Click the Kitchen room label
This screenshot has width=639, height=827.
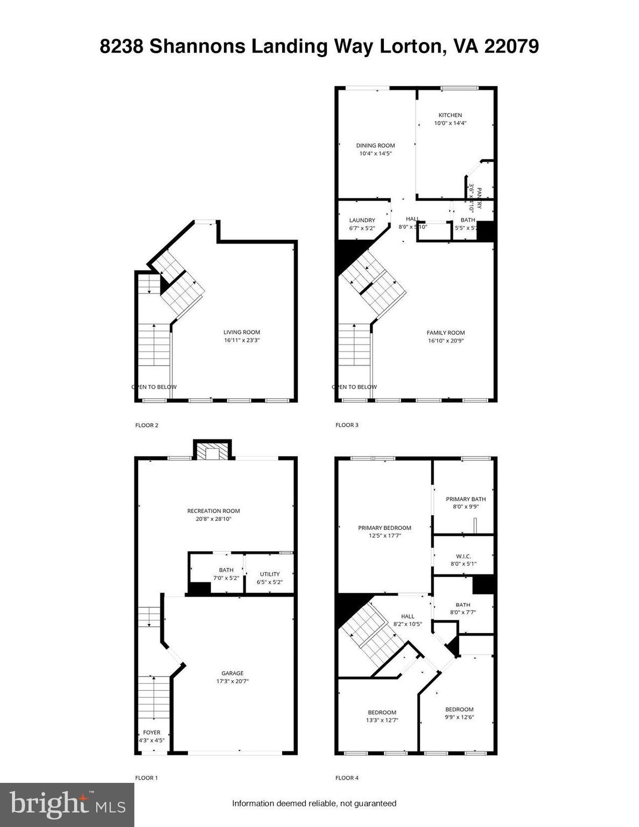coord(450,115)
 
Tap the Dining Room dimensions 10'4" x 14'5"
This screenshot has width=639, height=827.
coord(375,153)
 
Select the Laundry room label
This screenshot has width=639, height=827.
coord(362,220)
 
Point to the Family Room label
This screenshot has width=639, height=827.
coord(446,333)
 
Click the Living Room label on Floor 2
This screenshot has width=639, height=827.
coord(242,332)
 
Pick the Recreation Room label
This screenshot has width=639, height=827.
coord(213,511)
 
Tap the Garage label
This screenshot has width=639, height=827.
coord(233,673)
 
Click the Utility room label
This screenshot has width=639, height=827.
coord(270,574)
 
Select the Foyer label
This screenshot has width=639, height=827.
coord(151,732)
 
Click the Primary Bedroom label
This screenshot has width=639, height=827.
coord(384,528)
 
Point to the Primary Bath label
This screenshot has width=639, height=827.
coord(466,499)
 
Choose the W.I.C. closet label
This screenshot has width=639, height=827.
coord(464,556)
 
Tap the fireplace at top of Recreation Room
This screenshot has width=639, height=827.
coord(213,452)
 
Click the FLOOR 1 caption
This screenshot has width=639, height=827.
coord(146,777)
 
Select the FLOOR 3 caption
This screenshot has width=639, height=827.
coord(347,425)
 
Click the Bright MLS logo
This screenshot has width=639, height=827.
coord(67,805)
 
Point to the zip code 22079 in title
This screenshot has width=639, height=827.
coord(511,47)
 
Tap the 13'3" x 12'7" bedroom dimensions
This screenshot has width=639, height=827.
coord(382,720)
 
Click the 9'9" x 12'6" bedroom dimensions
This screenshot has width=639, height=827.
coord(459,717)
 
